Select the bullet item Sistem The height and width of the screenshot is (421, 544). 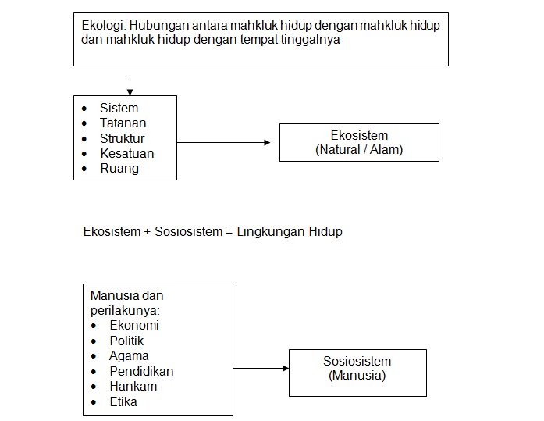[119, 108]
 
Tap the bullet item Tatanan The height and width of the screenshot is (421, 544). [123, 123]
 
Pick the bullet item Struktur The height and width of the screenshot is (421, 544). [122, 138]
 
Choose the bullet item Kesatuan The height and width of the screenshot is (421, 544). [126, 153]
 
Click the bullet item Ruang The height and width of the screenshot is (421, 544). [119, 168]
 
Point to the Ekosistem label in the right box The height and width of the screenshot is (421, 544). [359, 135]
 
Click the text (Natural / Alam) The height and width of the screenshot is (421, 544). [359, 148]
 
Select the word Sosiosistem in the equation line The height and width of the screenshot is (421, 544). [183, 232]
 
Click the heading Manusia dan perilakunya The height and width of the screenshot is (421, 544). [127, 303]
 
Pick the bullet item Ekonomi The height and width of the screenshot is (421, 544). [134, 326]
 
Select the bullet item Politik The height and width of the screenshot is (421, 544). [126, 341]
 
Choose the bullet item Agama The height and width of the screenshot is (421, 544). [129, 356]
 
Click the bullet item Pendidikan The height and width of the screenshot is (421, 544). [141, 371]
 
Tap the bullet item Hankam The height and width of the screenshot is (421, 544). [133, 386]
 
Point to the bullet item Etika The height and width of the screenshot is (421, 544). [123, 401]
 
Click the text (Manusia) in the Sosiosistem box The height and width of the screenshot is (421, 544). [357, 375]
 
